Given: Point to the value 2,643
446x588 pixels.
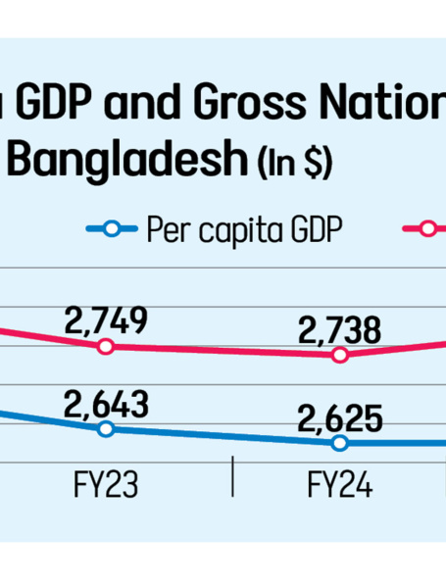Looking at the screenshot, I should pyautogui.click(x=106, y=403).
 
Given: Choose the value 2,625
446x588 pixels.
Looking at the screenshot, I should pyautogui.click(x=340, y=418).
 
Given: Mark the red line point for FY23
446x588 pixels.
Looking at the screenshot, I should pyautogui.click(x=106, y=347).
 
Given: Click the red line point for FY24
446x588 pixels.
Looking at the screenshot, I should pyautogui.click(x=340, y=355).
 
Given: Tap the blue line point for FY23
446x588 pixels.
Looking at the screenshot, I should pyautogui.click(x=106, y=428).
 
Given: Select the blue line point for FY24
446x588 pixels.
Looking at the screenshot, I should pyautogui.click(x=340, y=443).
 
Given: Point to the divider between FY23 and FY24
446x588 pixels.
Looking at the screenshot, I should pyautogui.click(x=232, y=479).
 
